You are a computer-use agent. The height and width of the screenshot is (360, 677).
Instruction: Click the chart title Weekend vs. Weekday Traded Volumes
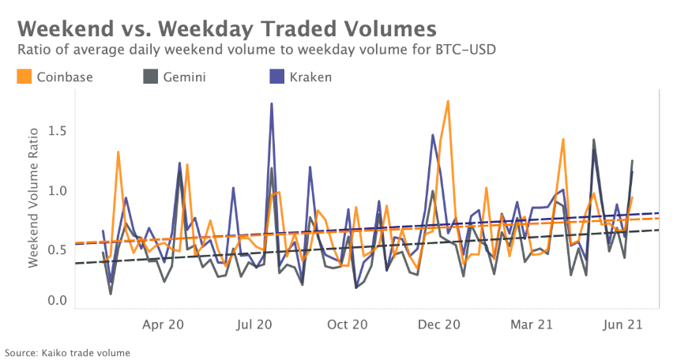(226, 28)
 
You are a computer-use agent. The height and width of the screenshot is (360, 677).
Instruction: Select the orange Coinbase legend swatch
(24, 77)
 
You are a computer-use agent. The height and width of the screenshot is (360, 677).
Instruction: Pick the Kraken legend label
(310, 77)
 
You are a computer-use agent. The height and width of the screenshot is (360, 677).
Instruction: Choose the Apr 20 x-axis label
(164, 324)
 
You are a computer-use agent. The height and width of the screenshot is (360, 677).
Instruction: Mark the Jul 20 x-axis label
(254, 324)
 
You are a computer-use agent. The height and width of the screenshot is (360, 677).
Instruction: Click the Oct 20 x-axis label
(348, 324)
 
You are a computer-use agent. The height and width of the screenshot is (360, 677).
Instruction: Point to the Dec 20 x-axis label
(440, 324)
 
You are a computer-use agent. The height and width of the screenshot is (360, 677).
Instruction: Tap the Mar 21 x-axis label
(532, 324)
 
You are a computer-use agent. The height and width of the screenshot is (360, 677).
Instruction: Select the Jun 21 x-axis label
(623, 324)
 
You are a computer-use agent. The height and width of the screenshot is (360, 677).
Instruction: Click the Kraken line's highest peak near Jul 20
(272, 103)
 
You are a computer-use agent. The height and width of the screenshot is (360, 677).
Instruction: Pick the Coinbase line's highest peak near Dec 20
(448, 101)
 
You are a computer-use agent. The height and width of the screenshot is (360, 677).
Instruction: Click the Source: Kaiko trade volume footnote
(67, 352)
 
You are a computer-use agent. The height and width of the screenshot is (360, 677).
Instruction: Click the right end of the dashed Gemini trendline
(659, 230)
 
